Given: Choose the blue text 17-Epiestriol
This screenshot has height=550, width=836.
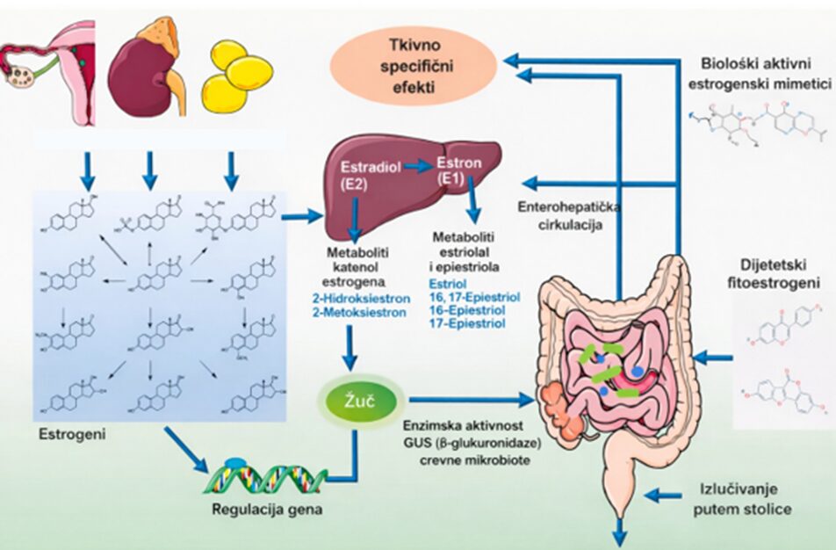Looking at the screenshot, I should (x=467, y=324).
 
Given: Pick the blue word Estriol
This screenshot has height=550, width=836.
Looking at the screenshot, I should (x=448, y=285).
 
